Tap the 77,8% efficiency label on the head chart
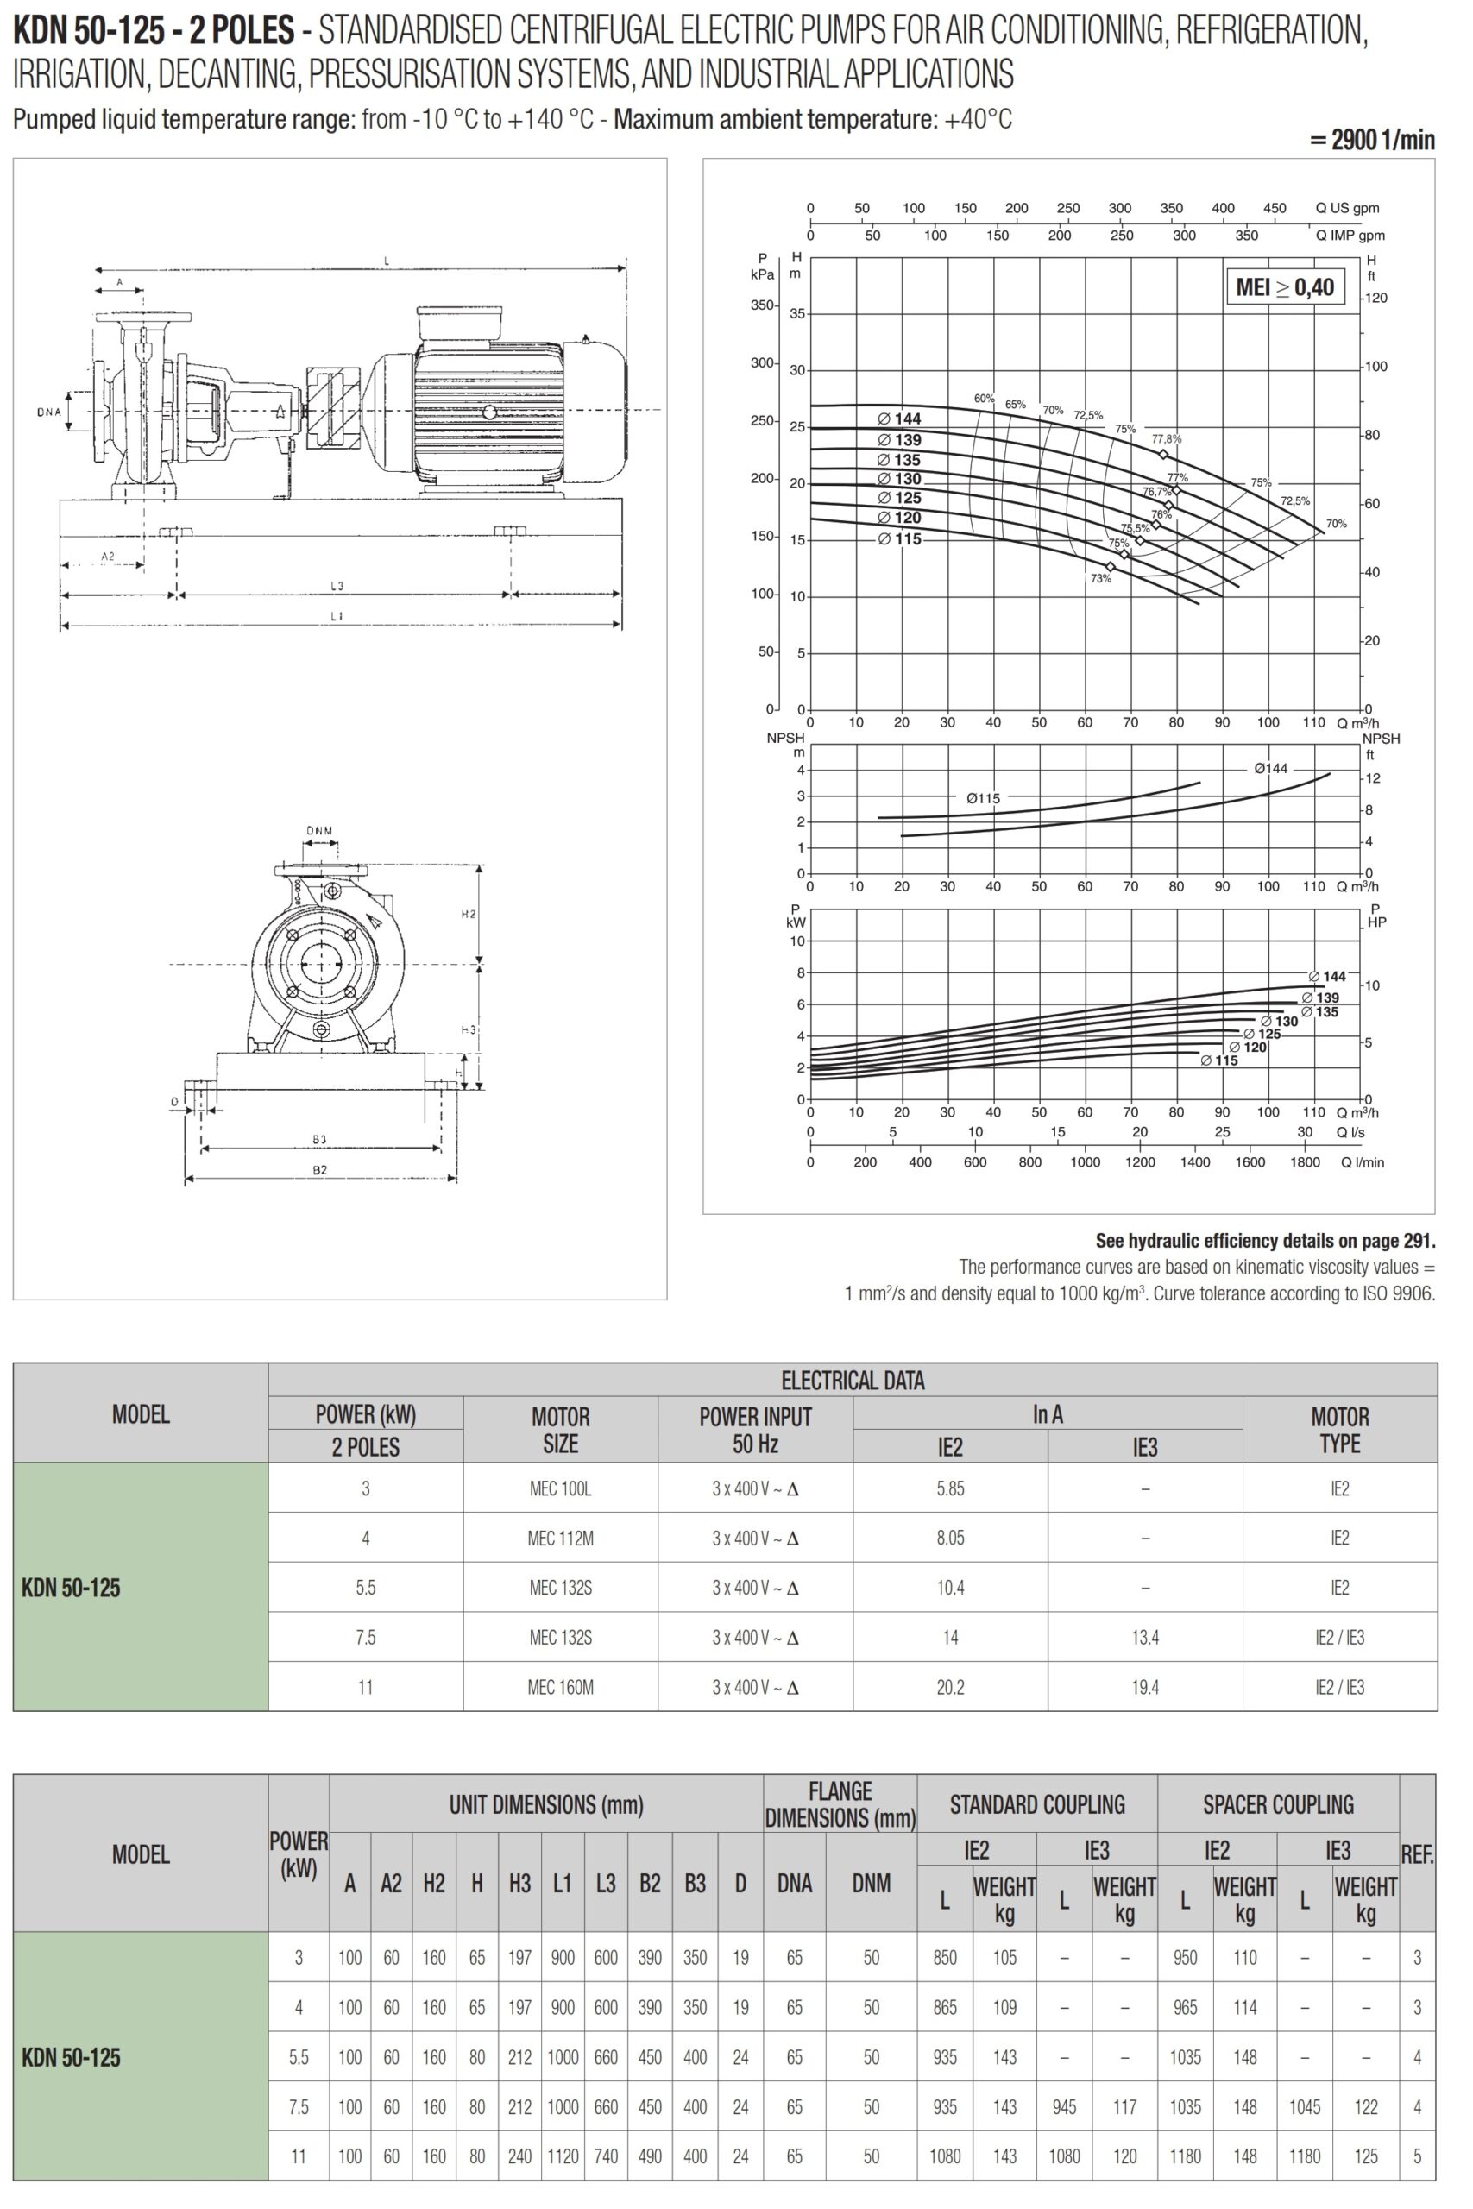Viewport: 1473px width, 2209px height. click(x=1166, y=438)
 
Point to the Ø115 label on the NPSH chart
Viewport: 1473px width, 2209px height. click(x=983, y=798)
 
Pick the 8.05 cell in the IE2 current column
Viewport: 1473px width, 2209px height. click(x=950, y=1538)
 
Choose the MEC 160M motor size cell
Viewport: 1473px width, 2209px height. click(x=560, y=1687)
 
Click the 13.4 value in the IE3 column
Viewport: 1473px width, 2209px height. click(x=1144, y=1637)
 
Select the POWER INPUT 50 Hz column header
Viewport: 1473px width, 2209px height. click(x=755, y=1430)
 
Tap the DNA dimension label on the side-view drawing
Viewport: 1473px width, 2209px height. click(x=49, y=412)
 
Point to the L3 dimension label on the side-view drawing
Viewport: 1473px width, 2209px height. click(x=337, y=586)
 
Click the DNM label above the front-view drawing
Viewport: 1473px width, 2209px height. click(x=319, y=830)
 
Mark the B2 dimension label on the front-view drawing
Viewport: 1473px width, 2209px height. click(x=319, y=1169)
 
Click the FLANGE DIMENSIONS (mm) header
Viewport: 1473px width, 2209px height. click(x=840, y=1804)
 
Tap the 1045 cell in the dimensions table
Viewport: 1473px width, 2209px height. click(x=1304, y=2106)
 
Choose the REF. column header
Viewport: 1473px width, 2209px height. click(x=1417, y=1854)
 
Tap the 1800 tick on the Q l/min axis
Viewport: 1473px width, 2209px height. click(x=1305, y=1161)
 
